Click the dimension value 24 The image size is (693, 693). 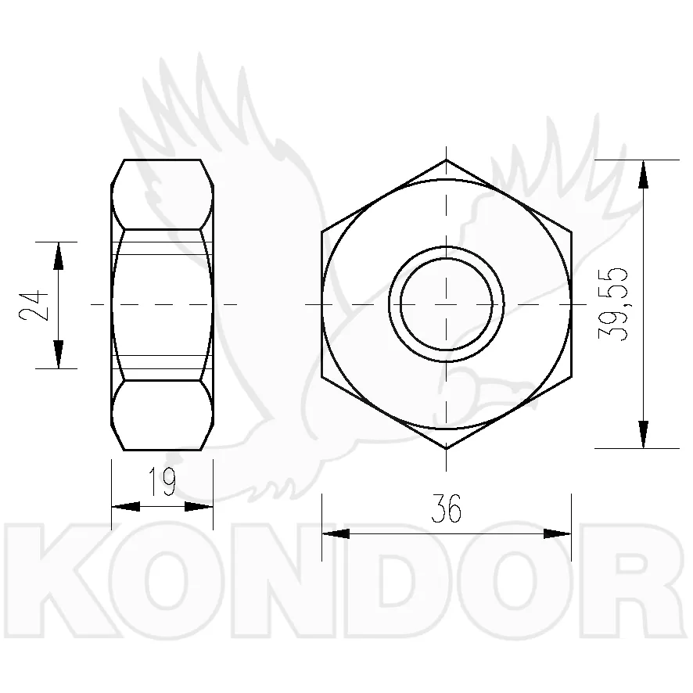click(x=34, y=305)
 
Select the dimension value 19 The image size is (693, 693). click(x=162, y=481)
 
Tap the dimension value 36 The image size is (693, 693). click(x=446, y=508)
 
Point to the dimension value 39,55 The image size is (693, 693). click(x=612, y=304)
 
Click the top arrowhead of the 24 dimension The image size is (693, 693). click(x=59, y=256)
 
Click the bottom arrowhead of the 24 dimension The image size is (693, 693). click(x=59, y=354)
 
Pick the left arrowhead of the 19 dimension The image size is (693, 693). click(x=125, y=507)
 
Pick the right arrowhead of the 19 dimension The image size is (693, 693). click(x=199, y=507)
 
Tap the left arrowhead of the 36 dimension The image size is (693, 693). click(x=336, y=533)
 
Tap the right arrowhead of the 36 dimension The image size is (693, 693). click(x=558, y=533)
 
